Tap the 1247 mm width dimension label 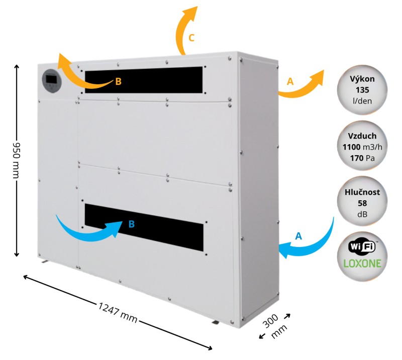(118, 313)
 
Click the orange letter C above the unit (191, 38)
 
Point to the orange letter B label (118, 81)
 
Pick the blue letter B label (131, 224)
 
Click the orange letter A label (290, 81)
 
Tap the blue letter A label (298, 236)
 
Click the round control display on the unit (52, 81)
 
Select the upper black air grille (144, 80)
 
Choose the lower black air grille (144, 227)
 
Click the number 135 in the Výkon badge (362, 90)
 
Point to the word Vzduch (362, 136)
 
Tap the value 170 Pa (362, 158)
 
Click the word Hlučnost (362, 192)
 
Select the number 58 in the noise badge (362, 203)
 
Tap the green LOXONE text (362, 264)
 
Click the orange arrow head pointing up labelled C (191, 13)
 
